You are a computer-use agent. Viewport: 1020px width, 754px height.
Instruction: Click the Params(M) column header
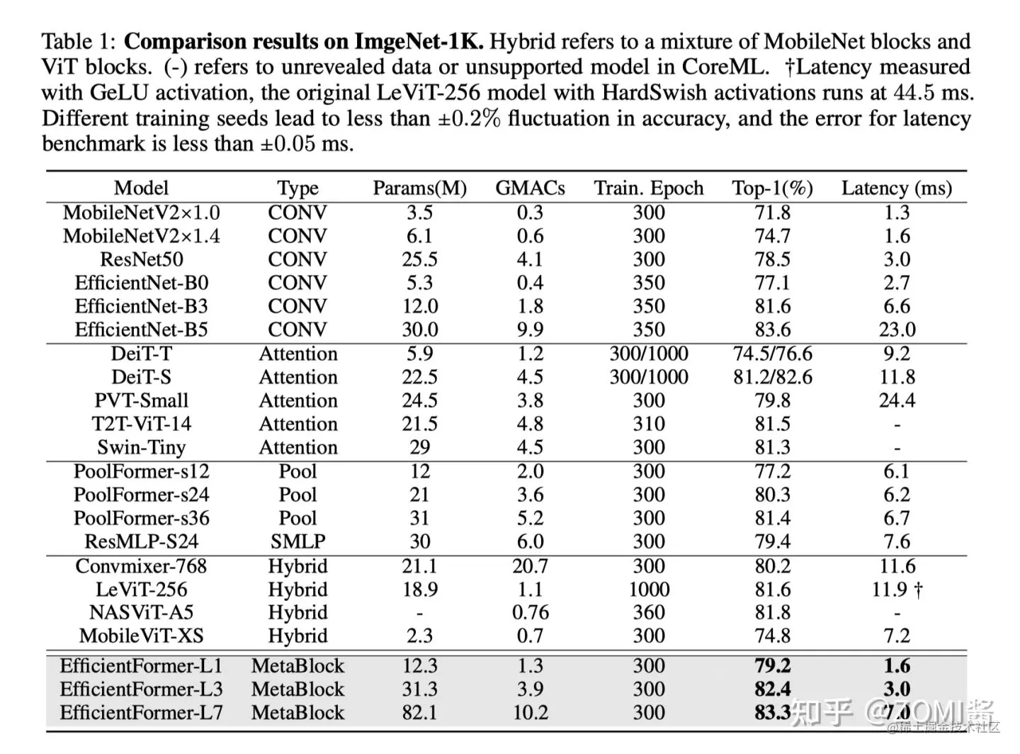419,188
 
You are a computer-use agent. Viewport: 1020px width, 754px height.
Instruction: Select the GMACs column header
530,188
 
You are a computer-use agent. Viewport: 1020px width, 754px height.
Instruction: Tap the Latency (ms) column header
896,188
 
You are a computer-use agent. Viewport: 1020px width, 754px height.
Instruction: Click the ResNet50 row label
142,259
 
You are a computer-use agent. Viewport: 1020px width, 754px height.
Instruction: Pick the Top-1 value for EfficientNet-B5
772,330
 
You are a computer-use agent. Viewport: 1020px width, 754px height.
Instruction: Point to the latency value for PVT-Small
897,400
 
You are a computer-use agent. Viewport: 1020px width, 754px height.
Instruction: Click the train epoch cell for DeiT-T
649,354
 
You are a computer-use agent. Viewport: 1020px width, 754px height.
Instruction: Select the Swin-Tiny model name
142,447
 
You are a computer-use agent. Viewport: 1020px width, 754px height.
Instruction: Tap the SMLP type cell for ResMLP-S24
297,541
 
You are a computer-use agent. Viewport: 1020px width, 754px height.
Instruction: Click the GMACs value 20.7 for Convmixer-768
530,566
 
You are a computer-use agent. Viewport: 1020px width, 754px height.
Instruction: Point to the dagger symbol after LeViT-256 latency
919,590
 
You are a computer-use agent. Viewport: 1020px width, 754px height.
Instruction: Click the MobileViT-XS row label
142,636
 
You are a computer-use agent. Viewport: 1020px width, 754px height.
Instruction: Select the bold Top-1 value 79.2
772,666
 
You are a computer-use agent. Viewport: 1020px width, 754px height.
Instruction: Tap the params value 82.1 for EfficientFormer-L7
419,713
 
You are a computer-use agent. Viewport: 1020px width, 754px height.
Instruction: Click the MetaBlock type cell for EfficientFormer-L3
297,690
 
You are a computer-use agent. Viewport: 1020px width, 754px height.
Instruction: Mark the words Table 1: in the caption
79,42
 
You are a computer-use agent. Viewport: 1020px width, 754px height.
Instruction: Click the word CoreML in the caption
725,67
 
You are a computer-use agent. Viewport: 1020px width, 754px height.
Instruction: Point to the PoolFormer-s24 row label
142,495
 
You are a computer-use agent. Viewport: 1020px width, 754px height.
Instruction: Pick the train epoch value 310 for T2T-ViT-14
649,424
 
